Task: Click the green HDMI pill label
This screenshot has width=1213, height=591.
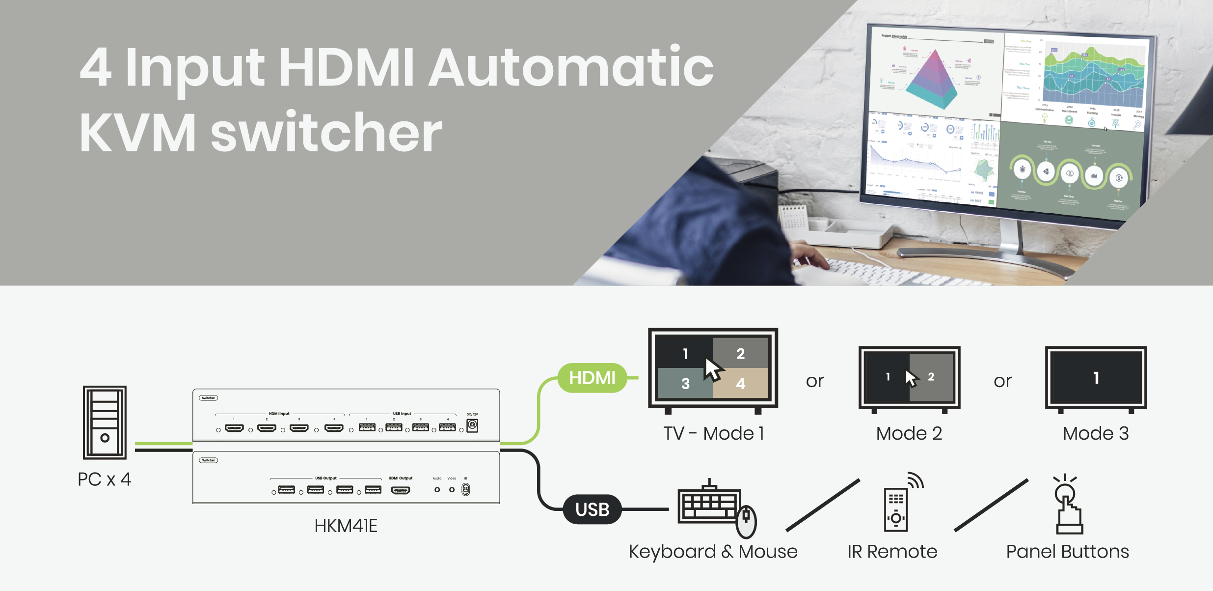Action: [592, 378]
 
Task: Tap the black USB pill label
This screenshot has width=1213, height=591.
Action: [592, 509]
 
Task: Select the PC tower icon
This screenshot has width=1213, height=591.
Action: [105, 422]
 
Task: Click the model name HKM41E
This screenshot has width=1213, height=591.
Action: [346, 526]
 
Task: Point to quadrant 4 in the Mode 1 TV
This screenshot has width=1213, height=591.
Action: [741, 383]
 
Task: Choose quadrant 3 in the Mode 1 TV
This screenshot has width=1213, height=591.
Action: [685, 384]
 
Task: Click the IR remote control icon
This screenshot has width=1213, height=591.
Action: [896, 509]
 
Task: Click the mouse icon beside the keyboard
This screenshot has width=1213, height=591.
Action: [746, 522]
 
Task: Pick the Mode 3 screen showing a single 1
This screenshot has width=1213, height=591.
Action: [1096, 378]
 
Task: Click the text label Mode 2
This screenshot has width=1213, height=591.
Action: [909, 433]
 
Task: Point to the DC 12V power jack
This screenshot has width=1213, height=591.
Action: [472, 425]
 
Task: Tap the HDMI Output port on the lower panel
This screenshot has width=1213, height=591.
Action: [401, 490]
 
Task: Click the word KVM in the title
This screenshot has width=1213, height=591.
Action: [137, 133]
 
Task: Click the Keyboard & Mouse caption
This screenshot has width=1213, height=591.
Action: [713, 552]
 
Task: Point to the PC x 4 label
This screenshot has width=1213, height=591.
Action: [104, 479]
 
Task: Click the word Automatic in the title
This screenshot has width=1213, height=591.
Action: [571, 67]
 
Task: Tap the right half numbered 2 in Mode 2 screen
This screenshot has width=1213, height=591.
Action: [931, 377]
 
